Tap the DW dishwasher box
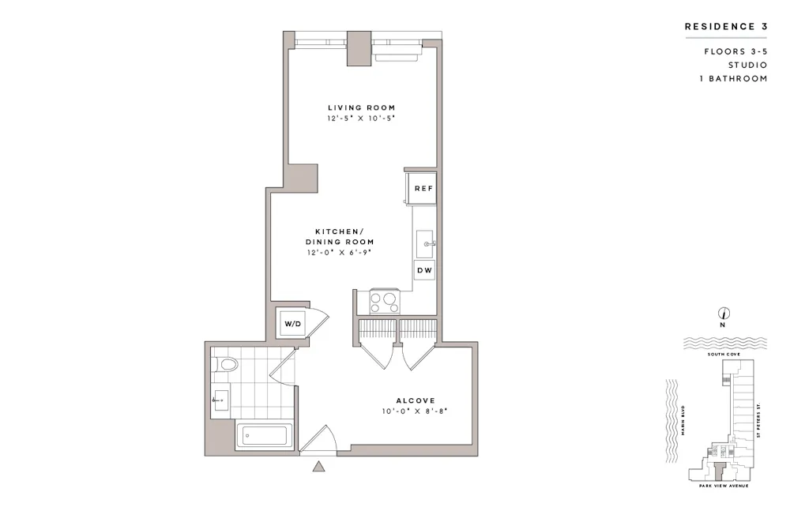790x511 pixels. [424, 270]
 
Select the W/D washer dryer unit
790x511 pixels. [292, 323]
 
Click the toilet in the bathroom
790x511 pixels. [227, 365]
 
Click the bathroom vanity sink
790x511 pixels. [220, 400]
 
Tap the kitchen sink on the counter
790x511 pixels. [425, 244]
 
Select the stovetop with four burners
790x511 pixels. [383, 302]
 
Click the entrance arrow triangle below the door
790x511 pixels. [319, 467]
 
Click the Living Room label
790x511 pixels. [362, 107]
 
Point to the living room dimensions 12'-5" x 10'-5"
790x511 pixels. [362, 118]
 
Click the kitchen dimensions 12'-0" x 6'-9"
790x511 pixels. [340, 253]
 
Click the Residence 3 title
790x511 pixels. [726, 26]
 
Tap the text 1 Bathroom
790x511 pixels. [733, 78]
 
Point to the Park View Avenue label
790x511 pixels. [718, 486]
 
